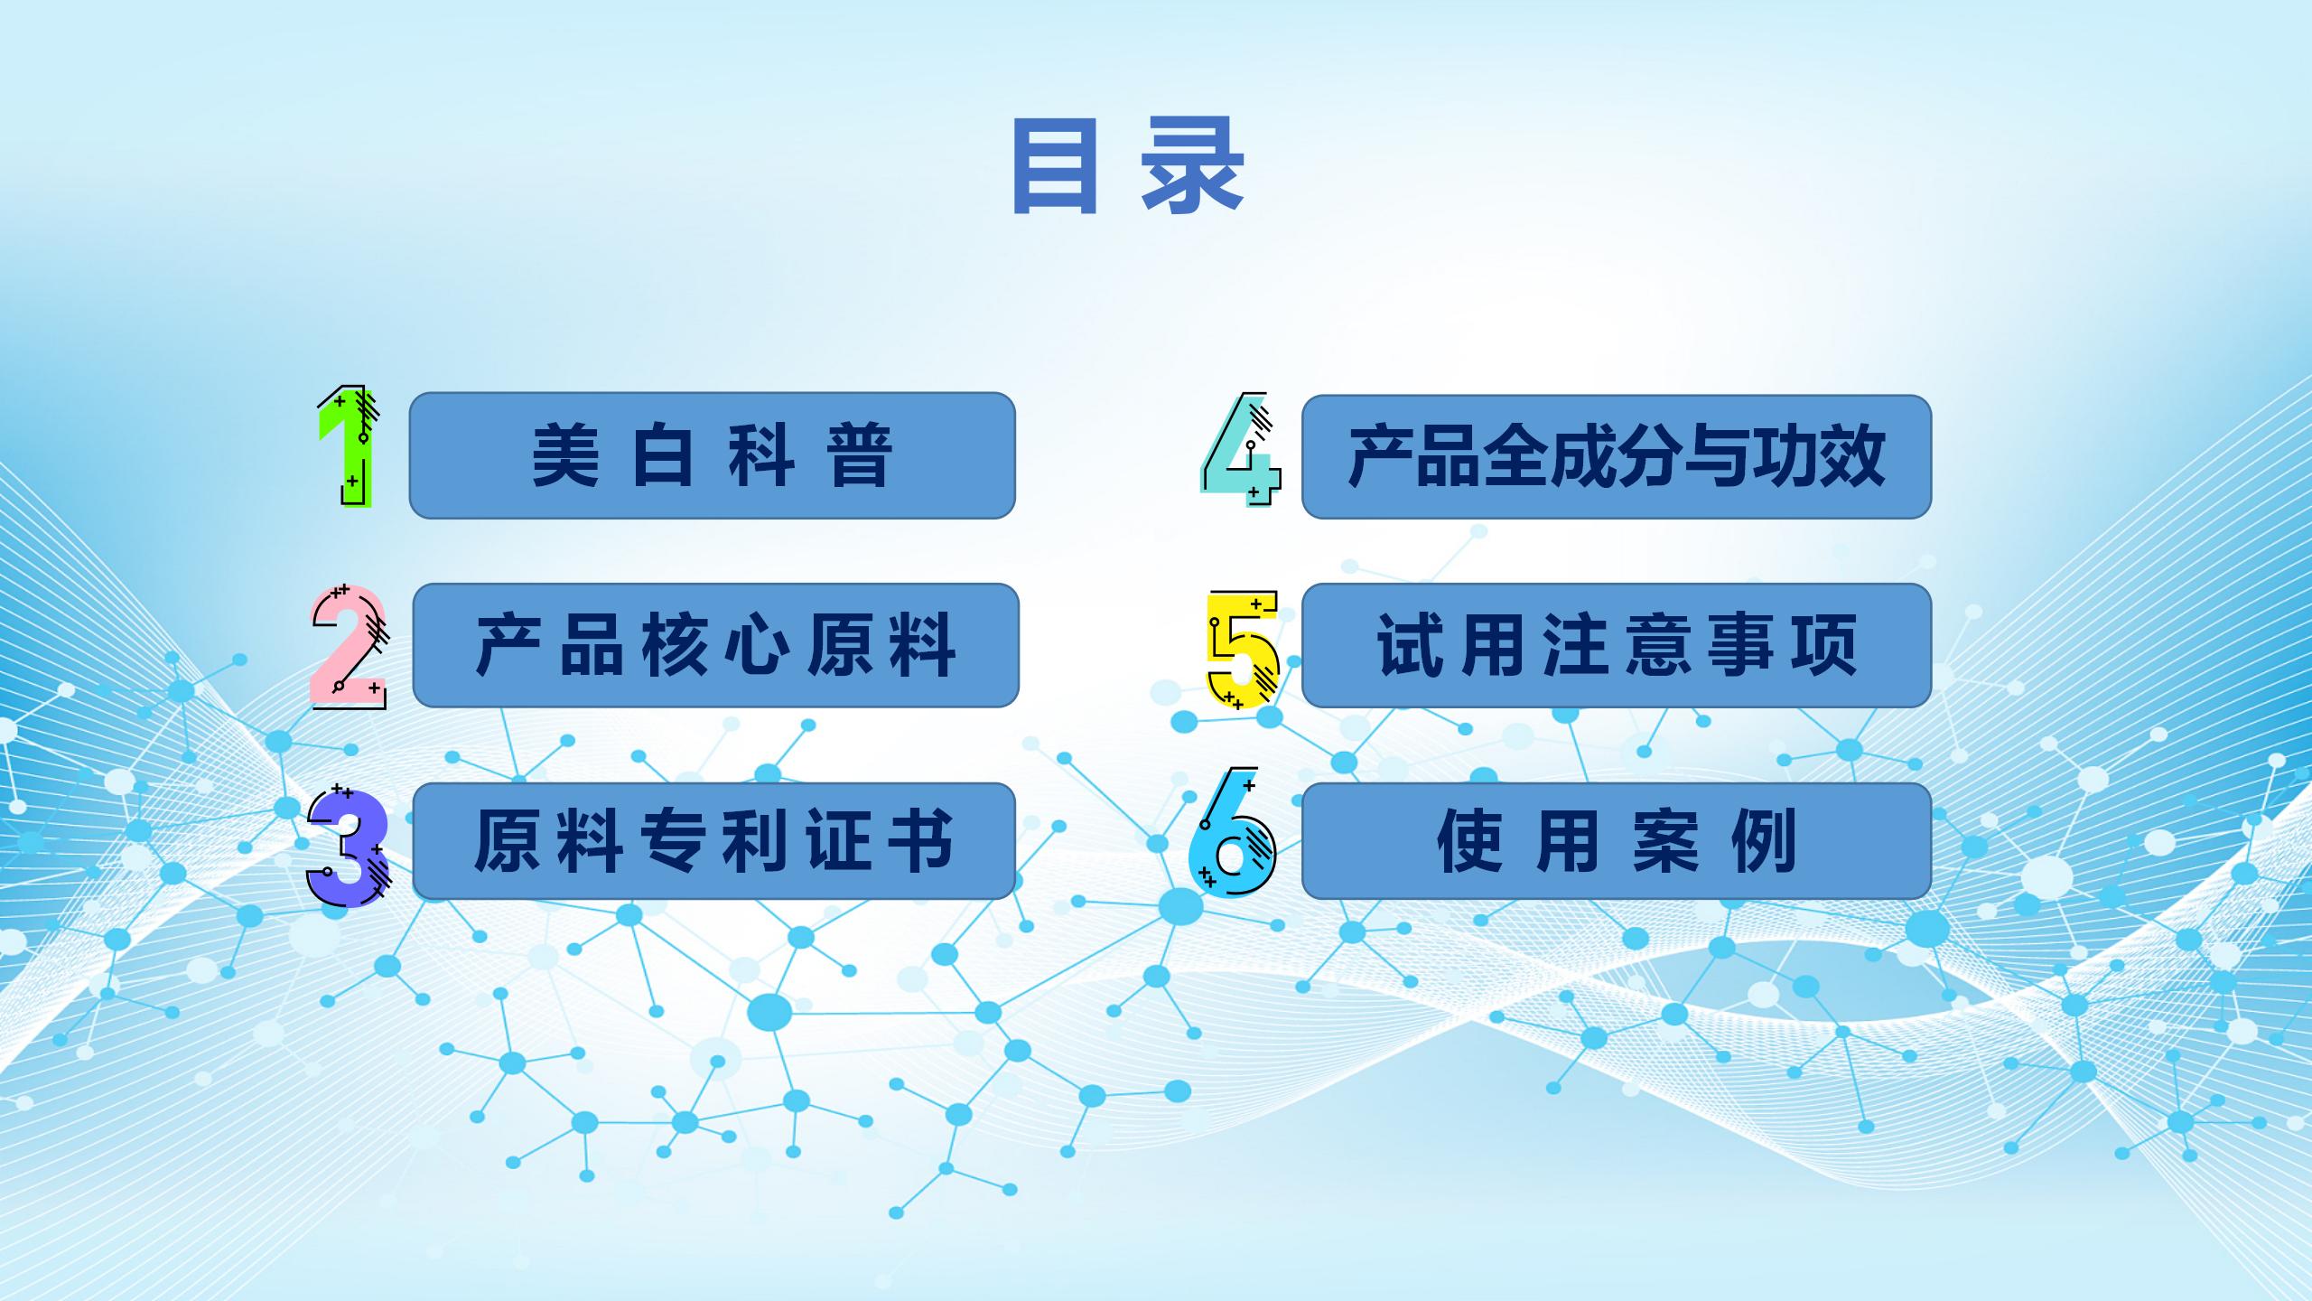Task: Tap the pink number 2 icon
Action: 349,647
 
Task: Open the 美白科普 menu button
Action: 713,455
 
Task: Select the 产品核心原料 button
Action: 716,645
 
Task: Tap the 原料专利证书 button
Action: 714,841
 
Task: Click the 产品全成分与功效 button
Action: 1617,456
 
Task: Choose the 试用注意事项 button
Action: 1617,645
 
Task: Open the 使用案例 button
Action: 1617,841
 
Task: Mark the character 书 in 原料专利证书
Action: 921,841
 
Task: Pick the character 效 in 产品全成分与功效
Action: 1853,456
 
